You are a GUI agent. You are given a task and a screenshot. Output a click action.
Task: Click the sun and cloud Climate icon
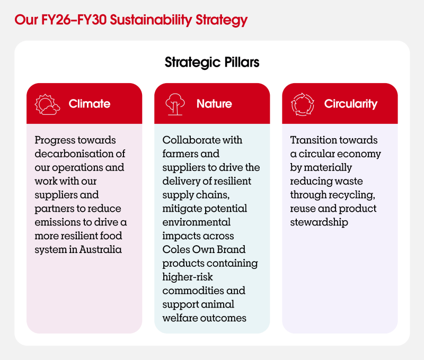coord(47,104)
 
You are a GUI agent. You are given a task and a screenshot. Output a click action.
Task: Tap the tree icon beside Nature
coord(175,104)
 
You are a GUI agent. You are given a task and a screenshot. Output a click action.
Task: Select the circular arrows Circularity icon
coord(303,104)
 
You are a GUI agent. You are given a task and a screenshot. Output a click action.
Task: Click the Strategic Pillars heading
coord(212,62)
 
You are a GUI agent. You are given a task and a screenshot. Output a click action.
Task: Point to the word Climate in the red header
coord(90,104)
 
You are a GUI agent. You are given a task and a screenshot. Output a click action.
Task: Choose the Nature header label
coord(214,104)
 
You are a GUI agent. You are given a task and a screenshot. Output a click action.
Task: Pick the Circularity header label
coord(351,104)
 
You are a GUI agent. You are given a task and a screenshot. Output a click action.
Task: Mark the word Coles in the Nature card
coord(176,249)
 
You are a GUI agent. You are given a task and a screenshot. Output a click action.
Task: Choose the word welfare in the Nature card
coord(180,318)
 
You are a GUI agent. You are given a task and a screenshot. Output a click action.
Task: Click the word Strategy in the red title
coord(222,20)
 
